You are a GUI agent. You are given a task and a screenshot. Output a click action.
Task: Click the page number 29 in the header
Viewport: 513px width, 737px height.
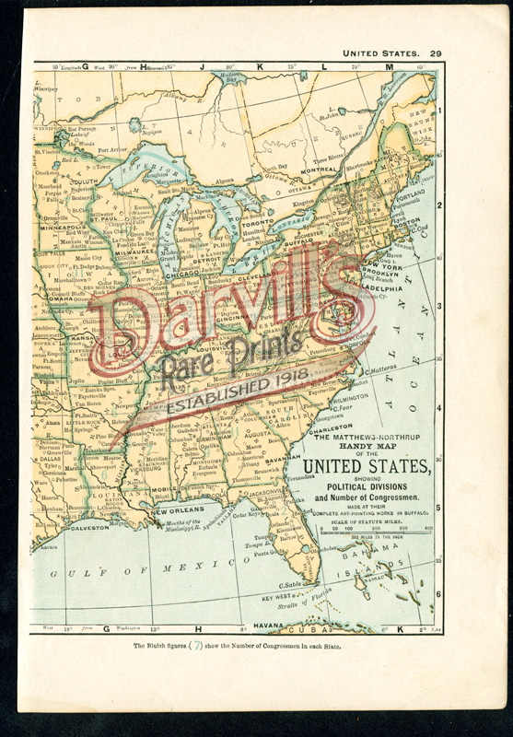pyautogui.click(x=437, y=53)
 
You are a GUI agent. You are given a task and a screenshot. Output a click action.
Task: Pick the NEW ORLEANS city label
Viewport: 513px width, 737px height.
pyautogui.click(x=177, y=509)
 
